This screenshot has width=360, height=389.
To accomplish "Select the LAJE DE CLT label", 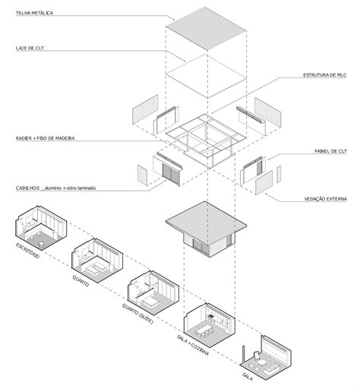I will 31,47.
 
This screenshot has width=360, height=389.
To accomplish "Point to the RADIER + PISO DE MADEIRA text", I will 46,138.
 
